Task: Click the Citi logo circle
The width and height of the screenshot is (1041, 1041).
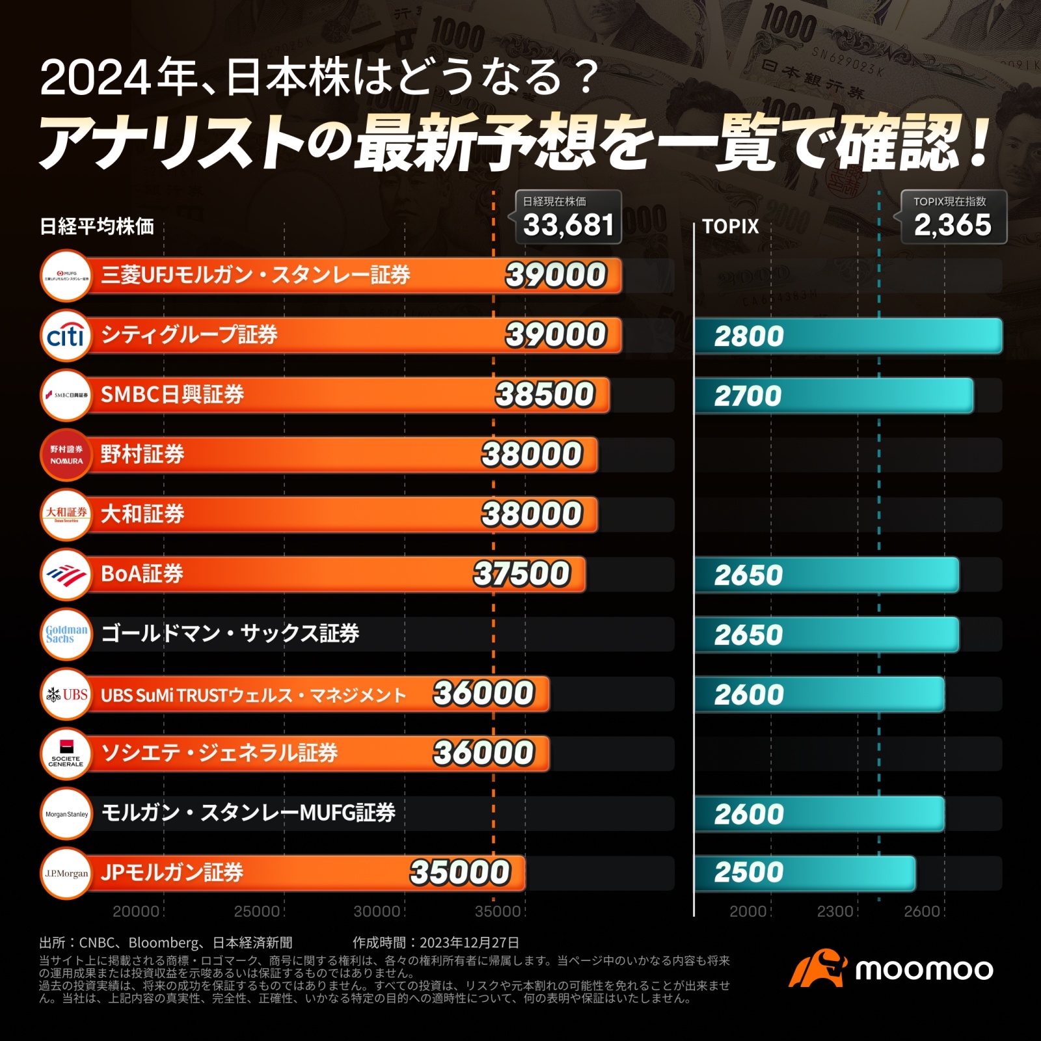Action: (x=66, y=336)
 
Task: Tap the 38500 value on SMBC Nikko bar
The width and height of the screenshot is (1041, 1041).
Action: (x=545, y=395)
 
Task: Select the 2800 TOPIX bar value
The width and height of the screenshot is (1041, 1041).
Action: (x=749, y=336)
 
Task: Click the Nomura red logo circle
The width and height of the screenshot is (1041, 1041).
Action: (x=66, y=455)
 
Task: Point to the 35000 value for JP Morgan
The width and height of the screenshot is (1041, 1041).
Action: (x=460, y=872)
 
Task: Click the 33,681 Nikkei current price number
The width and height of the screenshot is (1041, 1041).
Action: (x=569, y=226)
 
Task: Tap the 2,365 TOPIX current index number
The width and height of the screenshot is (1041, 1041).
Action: (x=953, y=226)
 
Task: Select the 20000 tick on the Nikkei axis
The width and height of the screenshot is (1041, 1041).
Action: (x=136, y=912)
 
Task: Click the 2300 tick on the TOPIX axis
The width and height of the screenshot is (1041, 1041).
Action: (x=835, y=912)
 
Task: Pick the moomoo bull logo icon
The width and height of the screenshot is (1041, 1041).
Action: (x=818, y=968)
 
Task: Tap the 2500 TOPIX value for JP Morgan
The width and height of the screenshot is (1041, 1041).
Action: (x=749, y=872)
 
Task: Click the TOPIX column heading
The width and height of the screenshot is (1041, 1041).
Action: (x=731, y=226)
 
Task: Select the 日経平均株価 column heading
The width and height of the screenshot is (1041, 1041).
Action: (x=97, y=226)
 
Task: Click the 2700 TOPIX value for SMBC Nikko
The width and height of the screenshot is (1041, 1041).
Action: (x=748, y=396)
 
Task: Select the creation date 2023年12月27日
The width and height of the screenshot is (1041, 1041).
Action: (x=469, y=943)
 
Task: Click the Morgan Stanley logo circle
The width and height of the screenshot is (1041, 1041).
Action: (x=66, y=814)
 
